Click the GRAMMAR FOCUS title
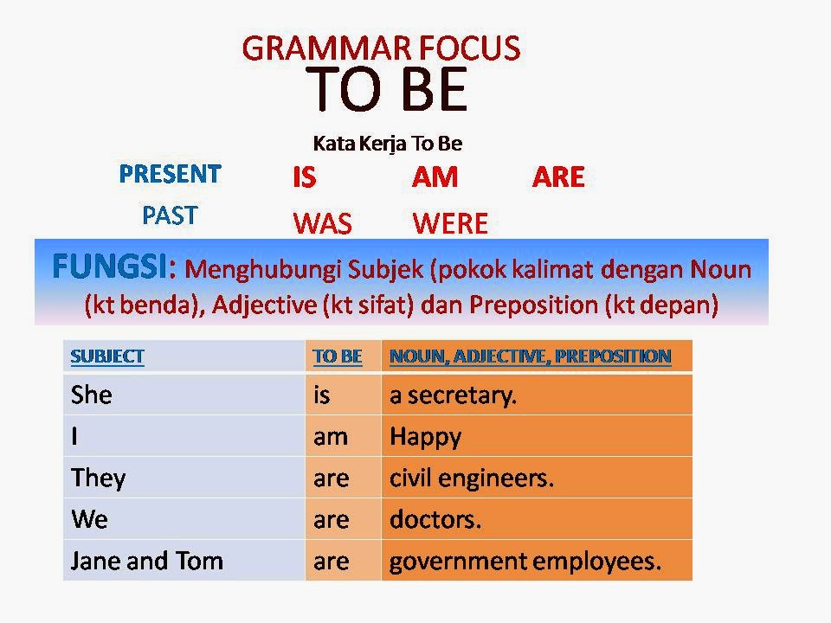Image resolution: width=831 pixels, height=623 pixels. [x=381, y=48]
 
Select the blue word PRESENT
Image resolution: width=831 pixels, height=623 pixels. [x=170, y=174]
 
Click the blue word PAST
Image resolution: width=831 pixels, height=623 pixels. [x=170, y=215]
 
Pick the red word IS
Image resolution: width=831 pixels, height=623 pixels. [x=305, y=178]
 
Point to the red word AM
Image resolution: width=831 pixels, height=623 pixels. [x=435, y=178]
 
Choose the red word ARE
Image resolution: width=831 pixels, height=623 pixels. [x=558, y=178]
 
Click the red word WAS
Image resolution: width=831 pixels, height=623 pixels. [x=322, y=225]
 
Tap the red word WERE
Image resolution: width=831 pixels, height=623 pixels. [x=450, y=225]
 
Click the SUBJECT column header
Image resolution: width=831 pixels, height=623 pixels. [x=107, y=356]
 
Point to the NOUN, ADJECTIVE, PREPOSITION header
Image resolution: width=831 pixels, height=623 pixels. [x=530, y=356]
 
